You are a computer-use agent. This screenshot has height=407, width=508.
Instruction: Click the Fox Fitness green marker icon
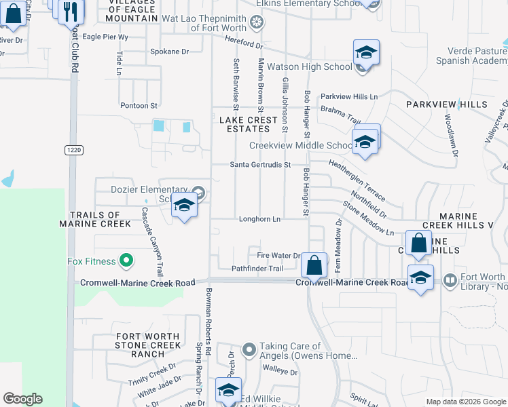point(126,260)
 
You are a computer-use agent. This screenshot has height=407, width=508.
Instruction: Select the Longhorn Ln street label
point(259,219)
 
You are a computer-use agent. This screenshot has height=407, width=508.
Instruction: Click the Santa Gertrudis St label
point(260,165)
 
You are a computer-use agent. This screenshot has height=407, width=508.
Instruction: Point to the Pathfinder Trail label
point(257,269)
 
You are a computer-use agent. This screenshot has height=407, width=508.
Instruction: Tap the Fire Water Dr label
point(278,256)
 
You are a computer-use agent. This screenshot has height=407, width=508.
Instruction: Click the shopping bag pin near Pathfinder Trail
point(314,265)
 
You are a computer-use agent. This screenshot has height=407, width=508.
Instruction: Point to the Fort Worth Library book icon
point(449,280)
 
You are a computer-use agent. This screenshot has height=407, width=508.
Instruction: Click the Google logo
point(22,399)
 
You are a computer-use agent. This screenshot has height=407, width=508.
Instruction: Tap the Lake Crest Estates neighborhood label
point(248,124)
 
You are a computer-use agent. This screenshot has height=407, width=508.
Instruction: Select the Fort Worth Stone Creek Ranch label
point(148,345)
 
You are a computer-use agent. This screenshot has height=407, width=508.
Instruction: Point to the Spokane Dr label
point(170,52)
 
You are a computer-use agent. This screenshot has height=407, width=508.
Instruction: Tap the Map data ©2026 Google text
point(466,402)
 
